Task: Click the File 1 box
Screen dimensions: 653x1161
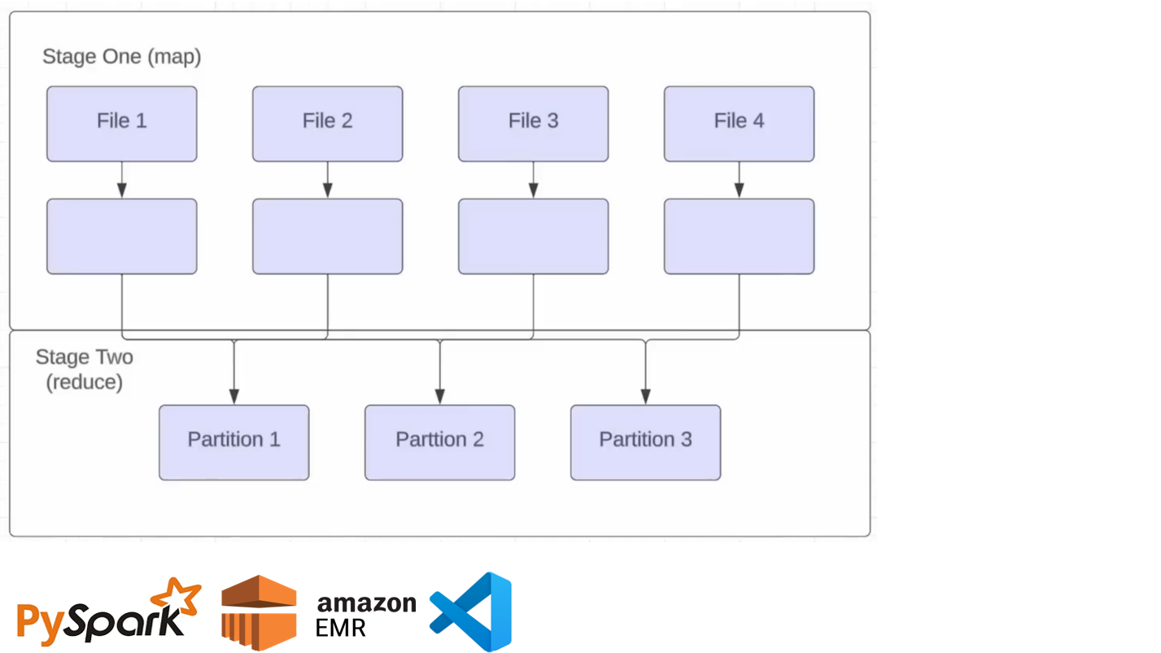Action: [x=121, y=124]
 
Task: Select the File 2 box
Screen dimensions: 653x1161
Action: [x=327, y=124]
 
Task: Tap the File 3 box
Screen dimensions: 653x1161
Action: [x=533, y=124]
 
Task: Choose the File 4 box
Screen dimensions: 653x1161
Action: [x=739, y=124]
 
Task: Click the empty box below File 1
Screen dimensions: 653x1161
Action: [x=121, y=236]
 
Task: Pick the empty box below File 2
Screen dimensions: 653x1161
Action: [x=327, y=236]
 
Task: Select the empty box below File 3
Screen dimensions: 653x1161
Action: [x=533, y=236]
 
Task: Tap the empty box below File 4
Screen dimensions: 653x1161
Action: [x=739, y=236]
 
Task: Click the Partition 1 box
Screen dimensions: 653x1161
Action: [x=234, y=442]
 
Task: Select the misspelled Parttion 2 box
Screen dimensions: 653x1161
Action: [x=439, y=442]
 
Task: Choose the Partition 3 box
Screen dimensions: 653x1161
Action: [x=645, y=442]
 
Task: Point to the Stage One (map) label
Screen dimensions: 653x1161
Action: [x=121, y=57]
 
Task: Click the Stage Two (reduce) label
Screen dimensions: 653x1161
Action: [x=84, y=370]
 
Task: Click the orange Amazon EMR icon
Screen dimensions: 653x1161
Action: [x=259, y=612]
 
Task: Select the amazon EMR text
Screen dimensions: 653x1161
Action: [x=365, y=615]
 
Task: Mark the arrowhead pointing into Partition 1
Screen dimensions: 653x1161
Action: [x=234, y=397]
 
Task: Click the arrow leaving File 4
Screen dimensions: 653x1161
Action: [x=739, y=180]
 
